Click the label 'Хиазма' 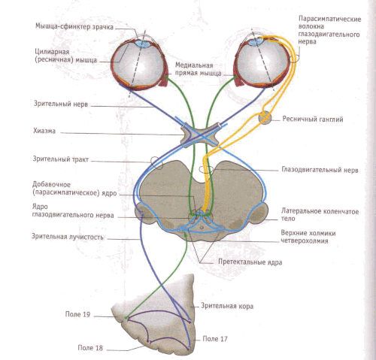tap(44, 131)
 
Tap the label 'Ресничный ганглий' tap(313, 119)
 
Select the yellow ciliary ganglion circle tap(265, 117)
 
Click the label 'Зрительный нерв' tap(61, 104)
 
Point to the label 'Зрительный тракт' tap(61, 159)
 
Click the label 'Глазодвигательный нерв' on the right tap(320, 170)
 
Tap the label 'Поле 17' tap(215, 339)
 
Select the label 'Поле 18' tap(90, 348)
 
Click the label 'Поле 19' tap(77, 314)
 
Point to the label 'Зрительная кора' tap(227, 306)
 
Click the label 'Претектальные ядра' tap(250, 262)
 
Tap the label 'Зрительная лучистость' tap(68, 237)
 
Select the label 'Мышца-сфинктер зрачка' tap(74, 26)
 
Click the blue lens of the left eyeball tap(143, 44)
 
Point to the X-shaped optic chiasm tap(200, 135)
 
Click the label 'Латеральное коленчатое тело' tap(320, 215)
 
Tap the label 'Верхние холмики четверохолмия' tap(308, 237)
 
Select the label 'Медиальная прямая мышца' tap(198, 69)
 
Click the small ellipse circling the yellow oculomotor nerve tap(206, 169)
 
